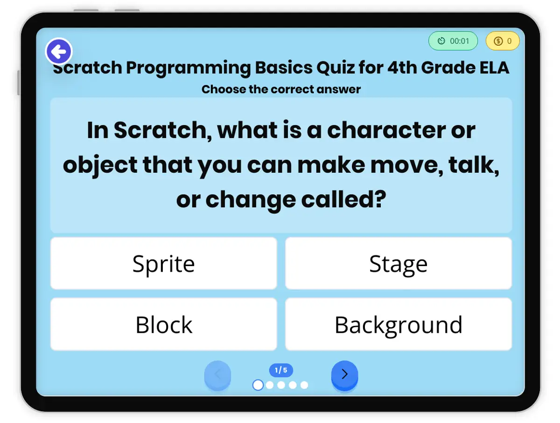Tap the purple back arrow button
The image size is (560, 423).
(59, 51)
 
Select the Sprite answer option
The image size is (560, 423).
(163, 263)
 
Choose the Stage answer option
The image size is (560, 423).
(398, 263)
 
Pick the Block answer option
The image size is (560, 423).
(163, 324)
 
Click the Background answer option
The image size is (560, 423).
(398, 324)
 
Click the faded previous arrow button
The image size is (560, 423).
(217, 375)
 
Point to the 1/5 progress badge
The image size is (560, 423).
(281, 370)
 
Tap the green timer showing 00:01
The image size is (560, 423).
(453, 41)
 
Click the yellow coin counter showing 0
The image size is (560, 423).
(502, 41)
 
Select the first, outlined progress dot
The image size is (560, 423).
(258, 385)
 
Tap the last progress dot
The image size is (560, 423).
(304, 385)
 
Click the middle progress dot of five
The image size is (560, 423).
(281, 385)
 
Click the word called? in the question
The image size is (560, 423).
(343, 199)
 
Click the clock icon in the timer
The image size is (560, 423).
(441, 41)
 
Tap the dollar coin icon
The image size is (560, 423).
(498, 41)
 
